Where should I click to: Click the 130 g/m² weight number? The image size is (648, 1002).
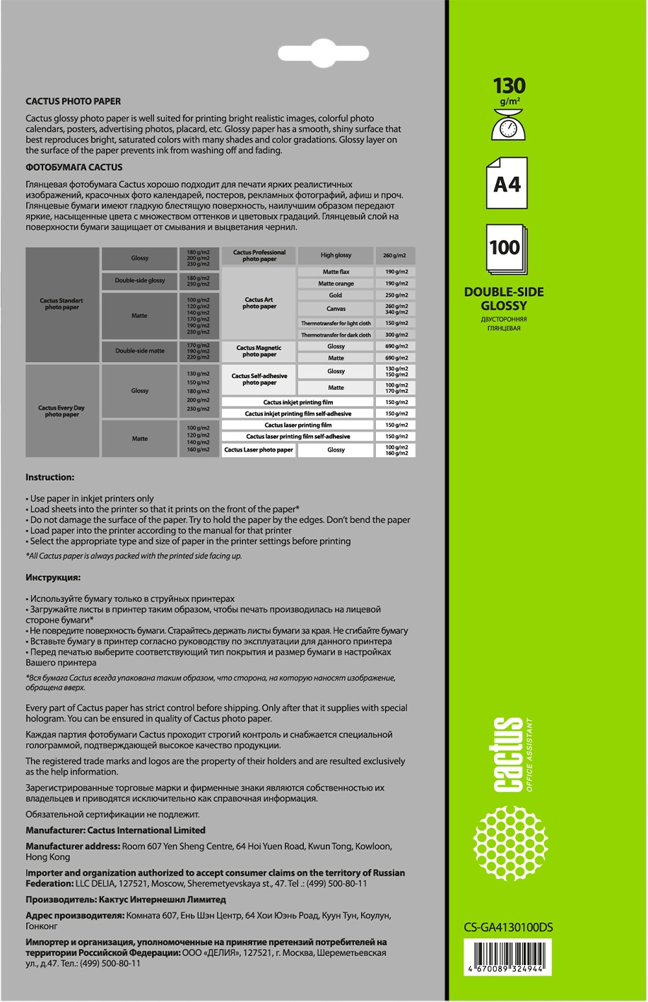[509, 86]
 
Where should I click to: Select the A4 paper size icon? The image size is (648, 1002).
[507, 184]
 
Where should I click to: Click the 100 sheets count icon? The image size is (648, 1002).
[505, 249]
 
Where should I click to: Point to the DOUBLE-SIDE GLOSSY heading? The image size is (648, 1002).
[504, 299]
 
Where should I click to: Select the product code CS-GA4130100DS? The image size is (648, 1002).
[504, 929]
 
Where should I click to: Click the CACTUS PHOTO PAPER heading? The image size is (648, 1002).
[73, 102]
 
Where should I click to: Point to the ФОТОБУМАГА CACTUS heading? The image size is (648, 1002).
[74, 167]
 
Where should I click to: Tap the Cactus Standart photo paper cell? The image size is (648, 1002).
[61, 304]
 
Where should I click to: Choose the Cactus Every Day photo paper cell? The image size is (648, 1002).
[61, 411]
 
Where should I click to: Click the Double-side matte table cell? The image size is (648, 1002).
[140, 350]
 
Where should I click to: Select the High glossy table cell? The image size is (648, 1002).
[336, 255]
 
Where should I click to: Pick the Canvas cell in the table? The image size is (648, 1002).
[336, 309]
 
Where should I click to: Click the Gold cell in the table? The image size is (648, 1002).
[336, 295]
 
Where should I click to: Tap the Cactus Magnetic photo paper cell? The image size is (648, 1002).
[259, 351]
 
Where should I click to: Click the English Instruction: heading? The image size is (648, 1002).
[49, 478]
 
